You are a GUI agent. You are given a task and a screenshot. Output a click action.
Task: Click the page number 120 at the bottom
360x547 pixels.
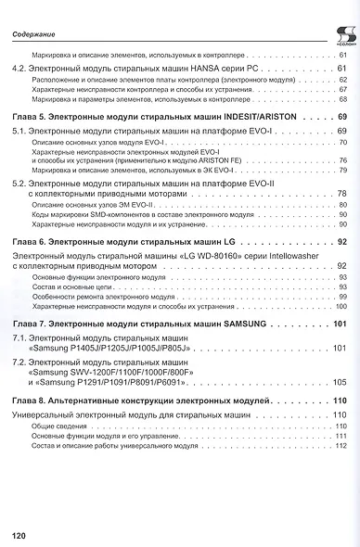[x=21, y=535]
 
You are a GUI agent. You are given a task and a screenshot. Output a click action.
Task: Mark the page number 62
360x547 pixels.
[x=341, y=80]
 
